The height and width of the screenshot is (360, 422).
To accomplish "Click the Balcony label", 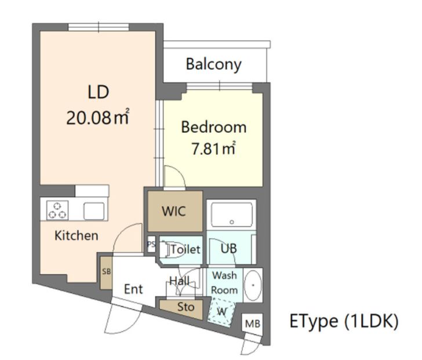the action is [x=214, y=64].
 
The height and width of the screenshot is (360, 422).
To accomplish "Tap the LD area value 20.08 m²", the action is [x=98, y=117].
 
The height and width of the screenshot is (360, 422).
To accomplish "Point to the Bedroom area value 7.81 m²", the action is [x=213, y=148].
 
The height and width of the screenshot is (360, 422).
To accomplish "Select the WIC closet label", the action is [x=174, y=211].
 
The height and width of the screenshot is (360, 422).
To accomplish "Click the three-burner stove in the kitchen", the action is [x=57, y=210].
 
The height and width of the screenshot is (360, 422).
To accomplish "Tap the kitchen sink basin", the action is [x=94, y=211].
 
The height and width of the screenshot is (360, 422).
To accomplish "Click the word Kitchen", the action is [x=76, y=236].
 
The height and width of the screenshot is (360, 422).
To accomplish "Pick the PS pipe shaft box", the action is [x=151, y=244].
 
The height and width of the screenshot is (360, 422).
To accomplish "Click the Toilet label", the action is [x=185, y=249].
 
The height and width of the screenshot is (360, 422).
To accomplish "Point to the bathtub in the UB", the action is [x=231, y=214].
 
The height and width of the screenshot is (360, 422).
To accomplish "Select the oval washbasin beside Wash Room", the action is [x=253, y=285].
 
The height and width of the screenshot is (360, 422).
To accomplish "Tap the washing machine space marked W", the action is [x=221, y=312].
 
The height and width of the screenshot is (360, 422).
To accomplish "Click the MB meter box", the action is [x=253, y=323].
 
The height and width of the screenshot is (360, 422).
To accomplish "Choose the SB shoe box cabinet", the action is [x=106, y=273].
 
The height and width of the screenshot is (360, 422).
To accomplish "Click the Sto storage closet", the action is [x=185, y=307].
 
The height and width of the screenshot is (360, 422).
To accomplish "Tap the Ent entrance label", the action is [x=133, y=289].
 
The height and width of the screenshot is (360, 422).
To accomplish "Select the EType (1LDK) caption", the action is [x=344, y=321].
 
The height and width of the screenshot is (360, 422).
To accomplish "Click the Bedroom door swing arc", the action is [x=181, y=172].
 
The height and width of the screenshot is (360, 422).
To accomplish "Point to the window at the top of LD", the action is [x=99, y=27].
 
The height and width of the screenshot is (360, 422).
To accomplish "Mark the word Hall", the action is [x=180, y=281].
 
